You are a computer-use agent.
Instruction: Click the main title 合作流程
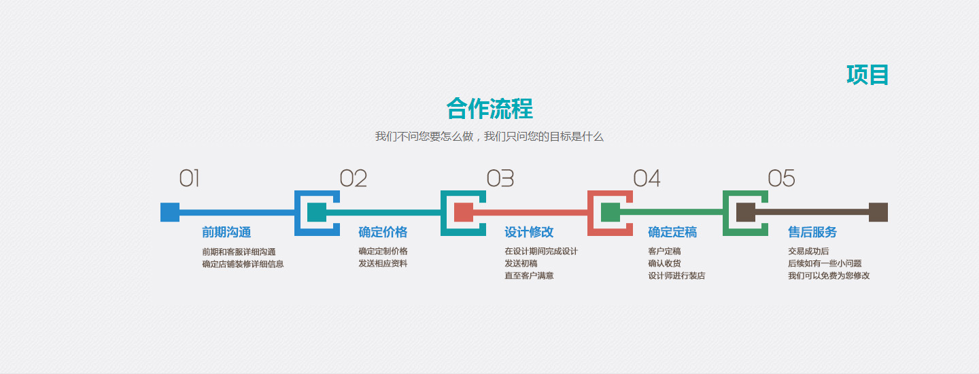click(x=489, y=108)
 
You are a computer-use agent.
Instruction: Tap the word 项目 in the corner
click(x=868, y=75)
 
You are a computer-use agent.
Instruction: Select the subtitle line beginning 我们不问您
click(x=489, y=137)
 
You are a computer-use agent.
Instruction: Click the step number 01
click(x=189, y=178)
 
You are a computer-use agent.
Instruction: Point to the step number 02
click(x=353, y=178)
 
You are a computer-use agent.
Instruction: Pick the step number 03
click(x=500, y=178)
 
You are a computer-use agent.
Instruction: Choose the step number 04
click(x=647, y=178)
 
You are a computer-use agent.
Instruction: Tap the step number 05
click(x=781, y=178)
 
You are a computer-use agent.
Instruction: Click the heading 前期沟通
click(x=226, y=232)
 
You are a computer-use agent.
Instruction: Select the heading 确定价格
click(x=383, y=232)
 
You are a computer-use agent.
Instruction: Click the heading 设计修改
click(x=529, y=232)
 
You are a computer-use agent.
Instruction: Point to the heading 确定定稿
click(x=672, y=232)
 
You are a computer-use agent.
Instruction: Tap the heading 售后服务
click(x=812, y=232)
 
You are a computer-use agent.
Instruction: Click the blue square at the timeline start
click(x=170, y=212)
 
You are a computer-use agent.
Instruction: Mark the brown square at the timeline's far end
click(x=878, y=212)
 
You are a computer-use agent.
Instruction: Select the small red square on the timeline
click(x=464, y=212)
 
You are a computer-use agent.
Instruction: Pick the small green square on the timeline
click(x=611, y=212)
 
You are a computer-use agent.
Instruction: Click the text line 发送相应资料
click(x=383, y=263)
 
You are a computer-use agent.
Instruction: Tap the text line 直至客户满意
click(x=529, y=275)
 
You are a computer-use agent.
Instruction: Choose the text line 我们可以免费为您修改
click(x=829, y=275)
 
